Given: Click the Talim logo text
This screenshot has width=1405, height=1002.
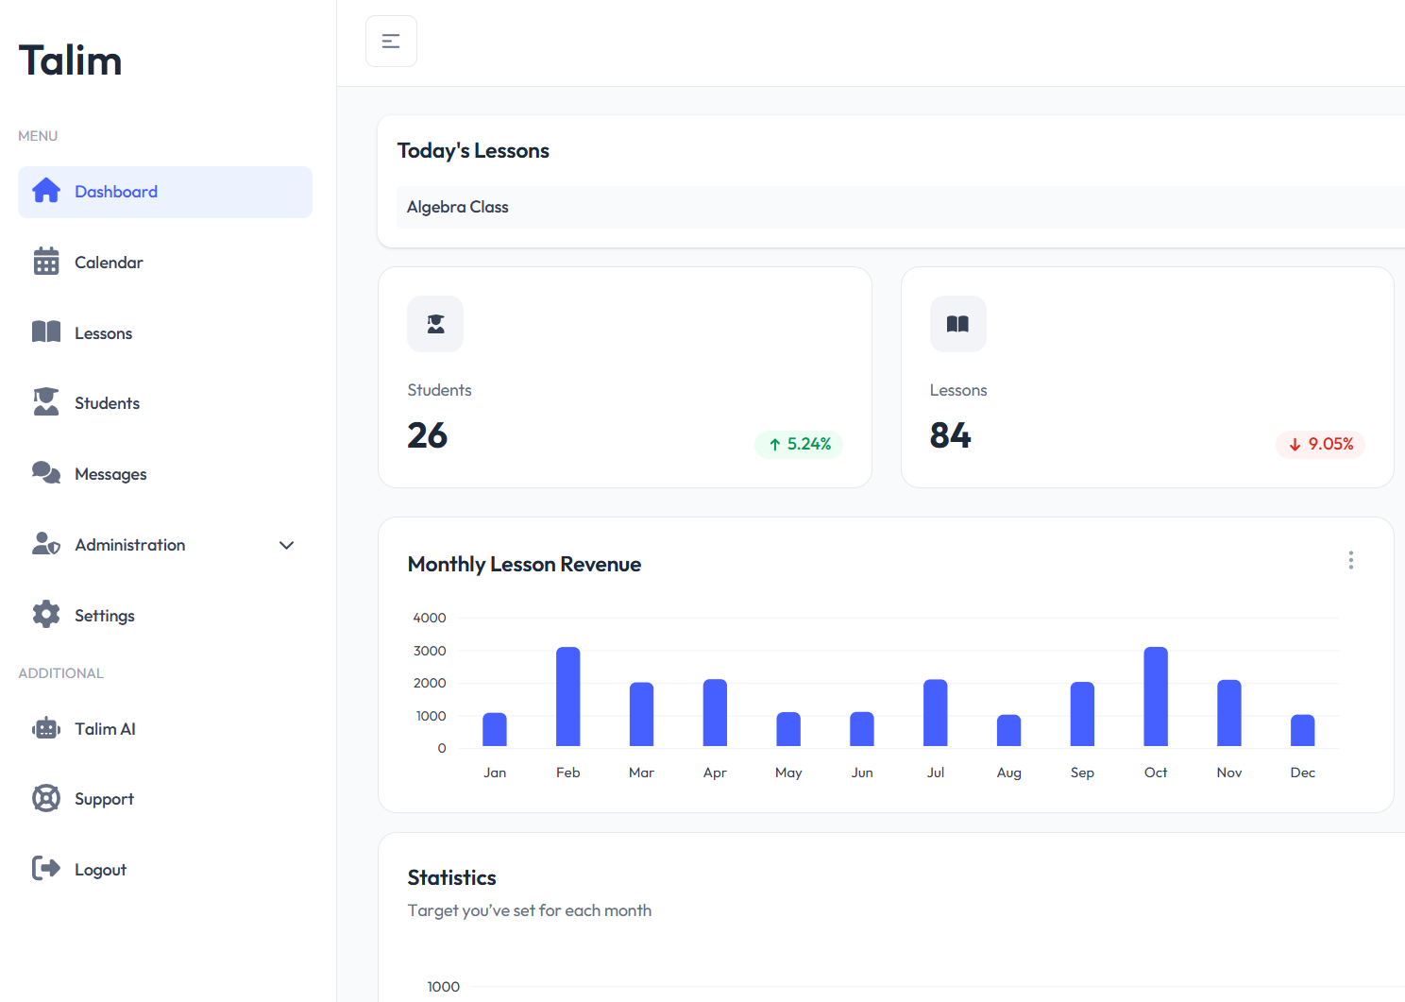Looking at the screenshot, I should [x=71, y=61].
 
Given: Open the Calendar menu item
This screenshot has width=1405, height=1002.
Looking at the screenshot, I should [x=109, y=263].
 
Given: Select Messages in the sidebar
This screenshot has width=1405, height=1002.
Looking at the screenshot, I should [x=110, y=474].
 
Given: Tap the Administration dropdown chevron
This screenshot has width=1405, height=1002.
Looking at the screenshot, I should [x=287, y=545].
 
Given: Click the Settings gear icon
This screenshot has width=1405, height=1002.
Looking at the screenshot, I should [x=46, y=615].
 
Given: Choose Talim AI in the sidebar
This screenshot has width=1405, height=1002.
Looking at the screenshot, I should [x=105, y=729].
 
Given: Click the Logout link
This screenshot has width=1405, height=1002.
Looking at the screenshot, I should [x=100, y=870].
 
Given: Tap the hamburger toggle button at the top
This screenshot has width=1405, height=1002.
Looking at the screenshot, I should [x=391, y=42].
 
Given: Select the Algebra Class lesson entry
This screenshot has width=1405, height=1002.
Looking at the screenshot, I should [x=458, y=207].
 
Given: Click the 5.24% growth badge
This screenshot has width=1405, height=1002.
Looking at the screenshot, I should [x=799, y=444].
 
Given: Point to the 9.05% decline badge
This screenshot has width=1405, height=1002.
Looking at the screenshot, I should [x=1320, y=444].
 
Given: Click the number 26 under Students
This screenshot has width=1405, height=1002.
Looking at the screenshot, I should [x=428, y=435].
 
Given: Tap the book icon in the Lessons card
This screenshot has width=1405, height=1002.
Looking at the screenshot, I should [x=957, y=324].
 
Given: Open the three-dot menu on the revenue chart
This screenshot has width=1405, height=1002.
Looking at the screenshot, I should [x=1351, y=560].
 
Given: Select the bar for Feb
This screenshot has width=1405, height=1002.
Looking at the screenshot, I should [x=568, y=697].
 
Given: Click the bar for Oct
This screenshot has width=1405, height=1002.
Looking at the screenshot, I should [x=1156, y=697].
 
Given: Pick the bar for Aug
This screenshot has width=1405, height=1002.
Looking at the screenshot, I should [x=1008, y=731].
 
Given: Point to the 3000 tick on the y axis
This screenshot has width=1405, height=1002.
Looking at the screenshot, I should [x=430, y=651].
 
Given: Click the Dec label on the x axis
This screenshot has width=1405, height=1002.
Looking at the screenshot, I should [x=1302, y=773].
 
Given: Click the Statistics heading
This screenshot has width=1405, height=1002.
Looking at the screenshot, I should [x=451, y=877].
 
